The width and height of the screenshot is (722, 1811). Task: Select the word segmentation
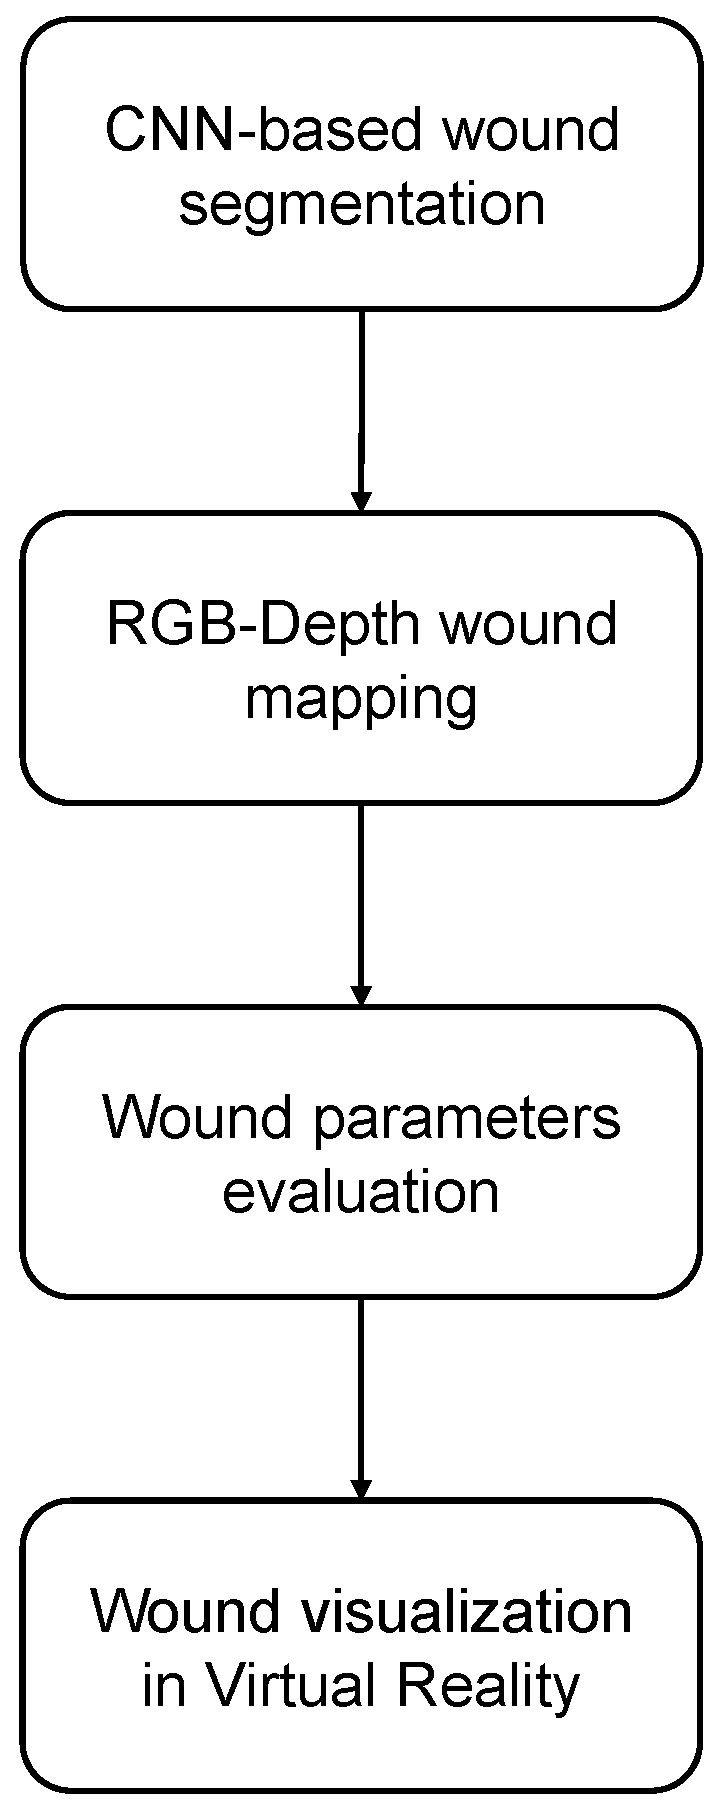(361, 203)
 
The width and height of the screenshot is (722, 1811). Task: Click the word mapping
(361, 699)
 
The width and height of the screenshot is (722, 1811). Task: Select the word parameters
(466, 1118)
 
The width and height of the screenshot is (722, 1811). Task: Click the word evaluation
(361, 1191)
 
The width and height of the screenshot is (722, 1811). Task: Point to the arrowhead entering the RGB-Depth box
(361, 500)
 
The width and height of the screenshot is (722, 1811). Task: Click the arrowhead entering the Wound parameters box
(361, 994)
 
